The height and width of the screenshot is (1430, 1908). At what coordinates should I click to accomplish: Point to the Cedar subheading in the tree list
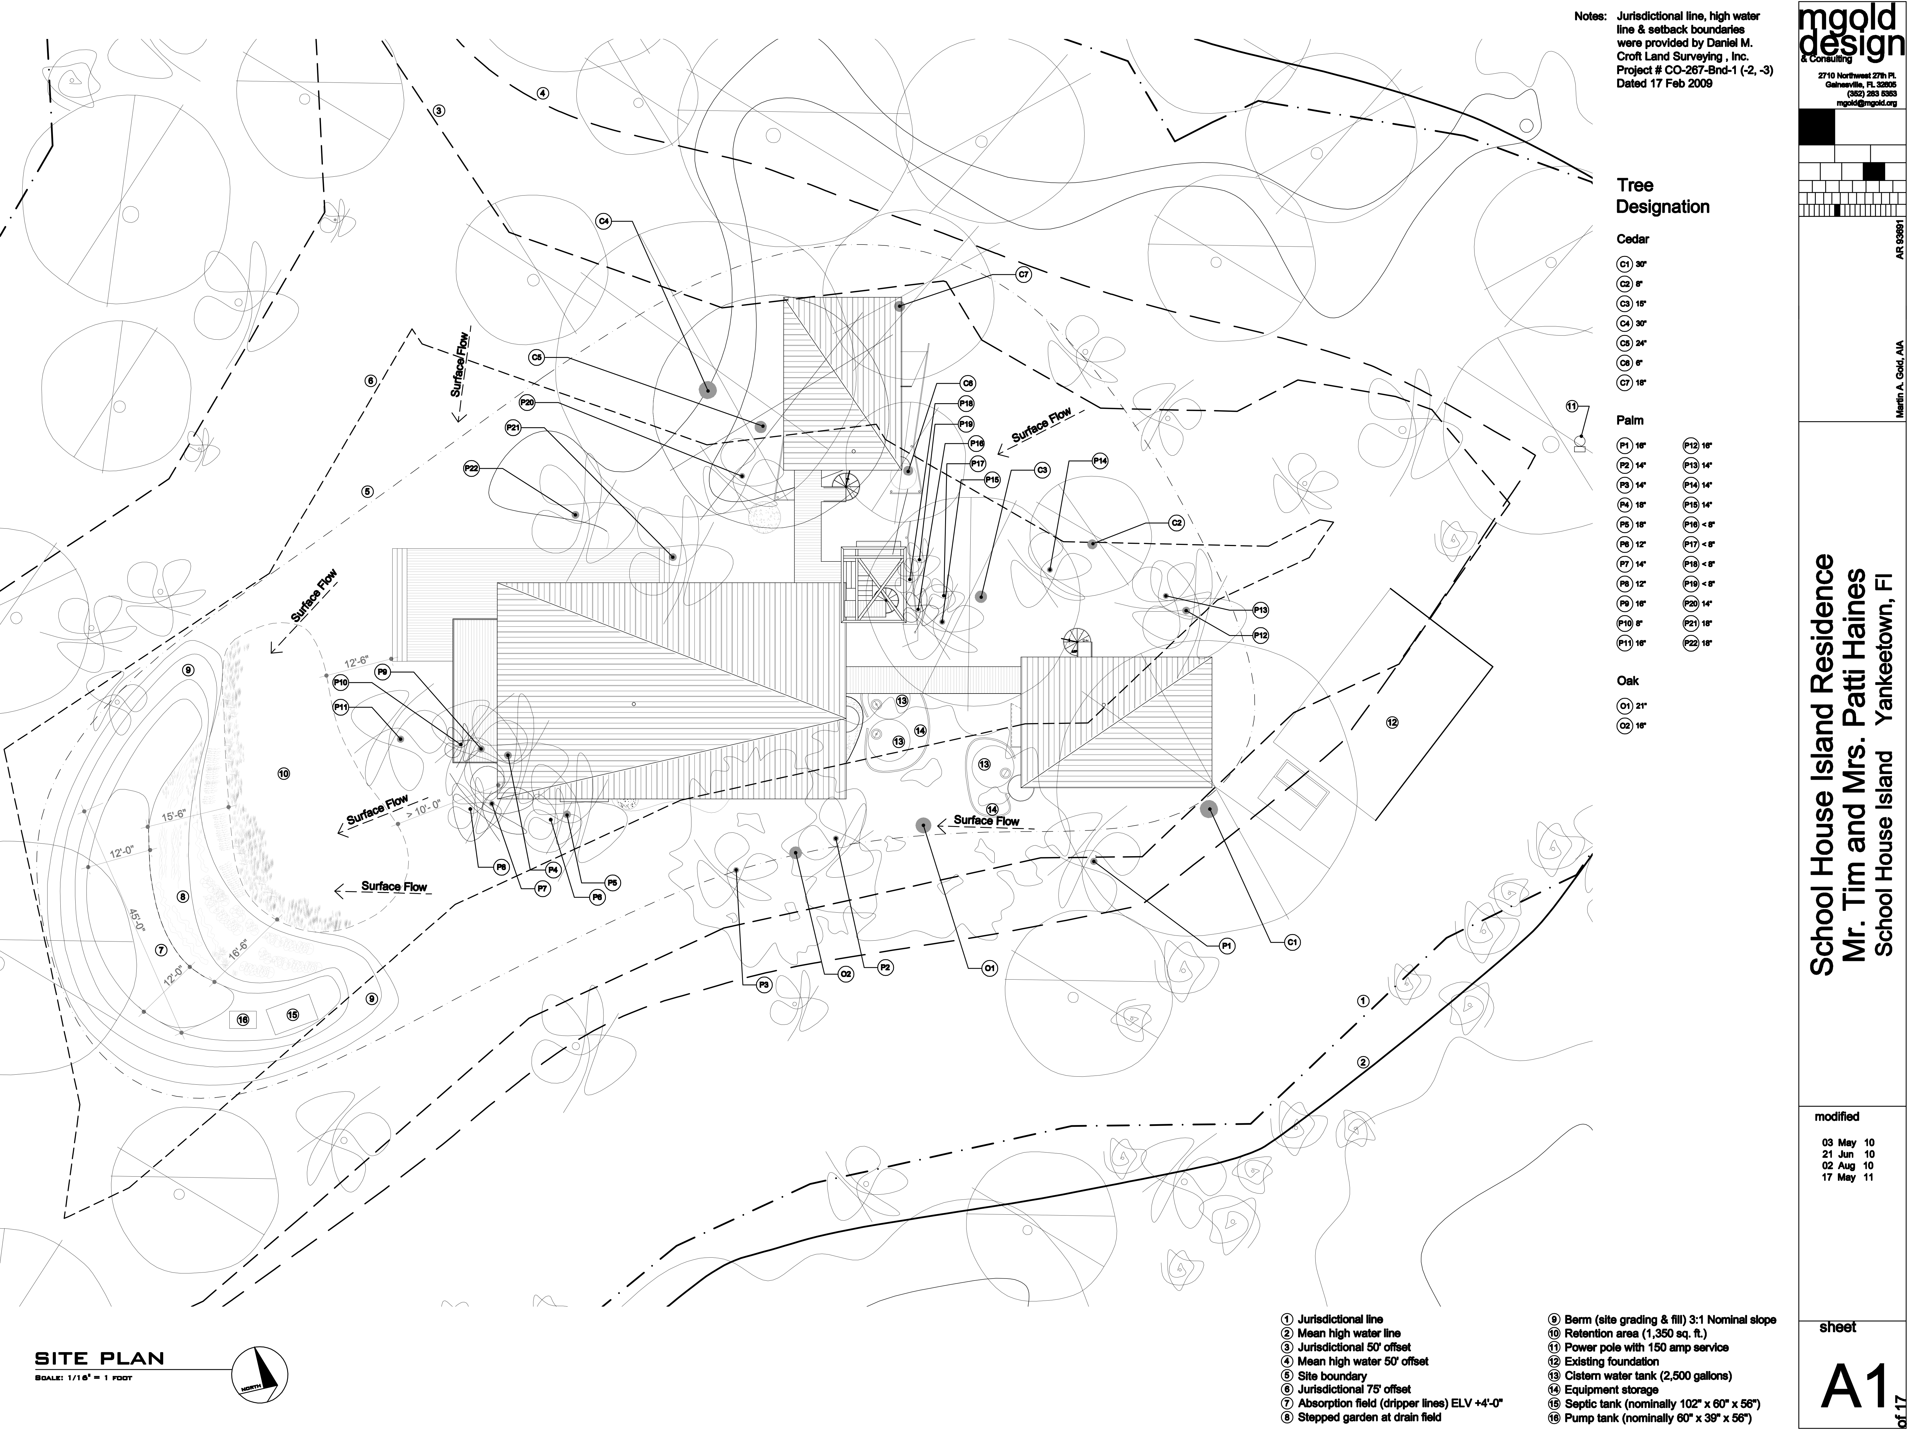[x=1633, y=239]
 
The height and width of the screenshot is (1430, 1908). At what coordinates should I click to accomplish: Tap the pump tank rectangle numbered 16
[x=243, y=1020]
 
